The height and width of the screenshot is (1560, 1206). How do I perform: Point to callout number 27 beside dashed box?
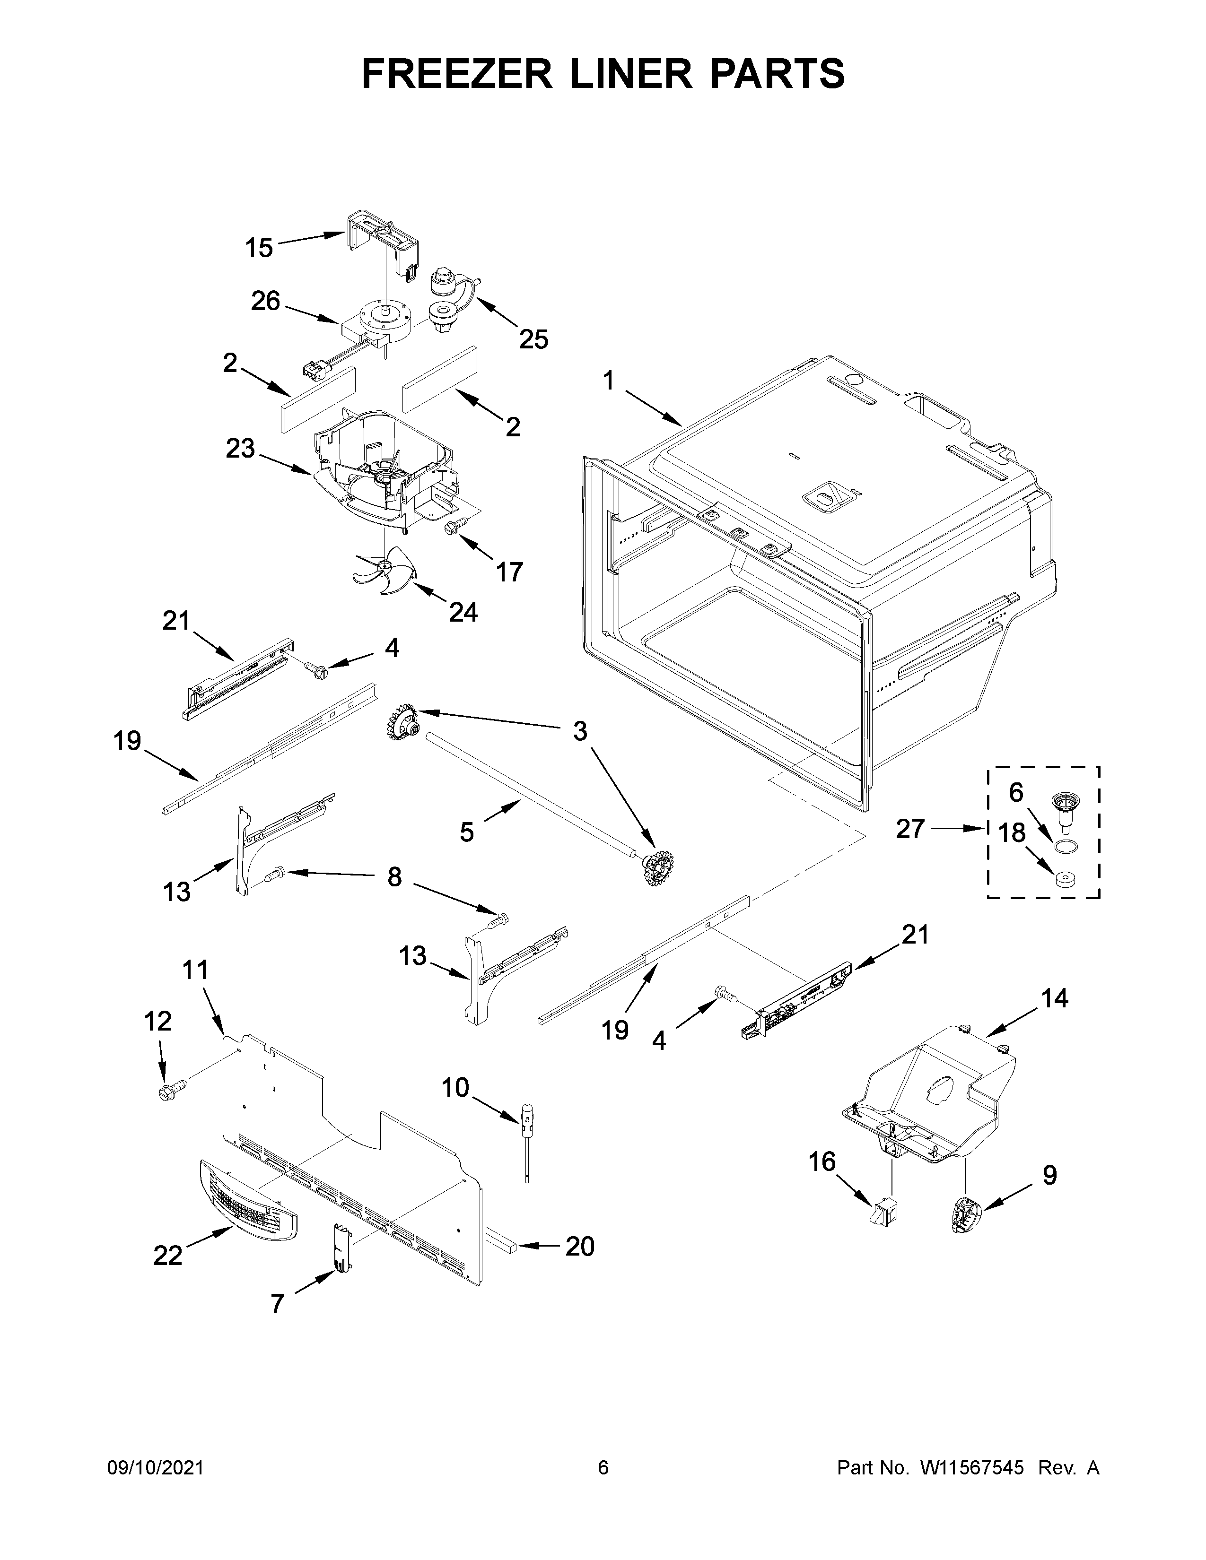click(x=910, y=829)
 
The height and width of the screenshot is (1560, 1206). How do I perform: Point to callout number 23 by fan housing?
click(x=240, y=449)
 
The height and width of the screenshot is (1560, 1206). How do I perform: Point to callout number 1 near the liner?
click(x=608, y=382)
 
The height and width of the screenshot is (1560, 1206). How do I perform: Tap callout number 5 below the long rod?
click(x=466, y=832)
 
